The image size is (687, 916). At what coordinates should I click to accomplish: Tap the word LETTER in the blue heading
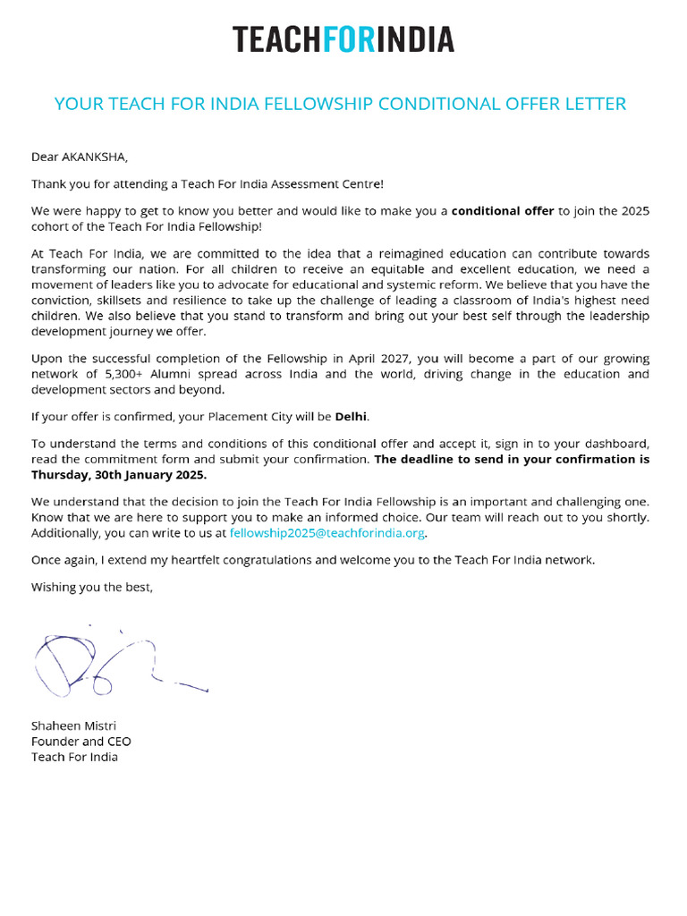[x=592, y=104]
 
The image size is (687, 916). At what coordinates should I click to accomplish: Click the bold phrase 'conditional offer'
[x=503, y=211]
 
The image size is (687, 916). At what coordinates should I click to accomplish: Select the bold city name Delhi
[x=352, y=417]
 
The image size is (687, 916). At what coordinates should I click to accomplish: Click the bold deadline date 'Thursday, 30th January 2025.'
[x=119, y=475]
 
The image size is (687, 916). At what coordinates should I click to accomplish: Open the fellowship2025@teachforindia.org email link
[x=327, y=533]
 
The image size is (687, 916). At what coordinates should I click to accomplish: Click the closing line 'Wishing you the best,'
[x=92, y=587]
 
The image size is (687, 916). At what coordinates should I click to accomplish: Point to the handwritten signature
[x=107, y=666]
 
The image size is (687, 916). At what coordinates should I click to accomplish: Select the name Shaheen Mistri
[x=73, y=725]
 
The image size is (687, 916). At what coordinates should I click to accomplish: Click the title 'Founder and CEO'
[x=81, y=742]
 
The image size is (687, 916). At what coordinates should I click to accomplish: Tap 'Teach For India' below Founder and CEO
[x=74, y=757]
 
